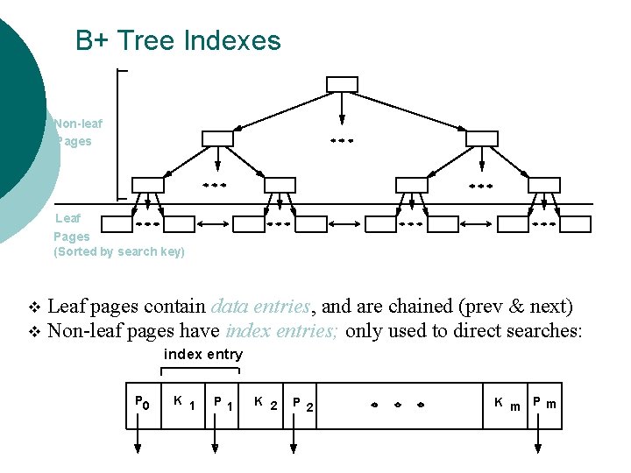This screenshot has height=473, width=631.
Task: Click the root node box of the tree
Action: pyautogui.click(x=342, y=84)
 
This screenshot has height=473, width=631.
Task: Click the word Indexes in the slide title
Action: pyautogui.click(x=232, y=40)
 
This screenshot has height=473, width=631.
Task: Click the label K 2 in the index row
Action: pyautogui.click(x=265, y=403)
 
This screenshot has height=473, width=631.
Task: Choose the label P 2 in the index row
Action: pyautogui.click(x=303, y=404)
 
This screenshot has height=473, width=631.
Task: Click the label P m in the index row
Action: pyautogui.click(x=544, y=404)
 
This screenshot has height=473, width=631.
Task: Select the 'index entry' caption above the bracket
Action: pyautogui.click(x=203, y=354)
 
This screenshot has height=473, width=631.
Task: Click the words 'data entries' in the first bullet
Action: pyautogui.click(x=260, y=307)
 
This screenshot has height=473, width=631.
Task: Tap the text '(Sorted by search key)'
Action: pyautogui.click(x=119, y=251)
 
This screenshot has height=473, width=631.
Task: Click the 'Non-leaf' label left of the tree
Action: pyautogui.click(x=78, y=124)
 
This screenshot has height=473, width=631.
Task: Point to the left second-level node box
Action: pyautogui.click(x=217, y=138)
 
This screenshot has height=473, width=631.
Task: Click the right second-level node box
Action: pyautogui.click(x=481, y=138)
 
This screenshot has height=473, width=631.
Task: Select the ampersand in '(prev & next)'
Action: pyautogui.click(x=515, y=307)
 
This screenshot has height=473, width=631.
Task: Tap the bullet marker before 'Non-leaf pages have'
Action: pyautogui.click(x=35, y=331)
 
